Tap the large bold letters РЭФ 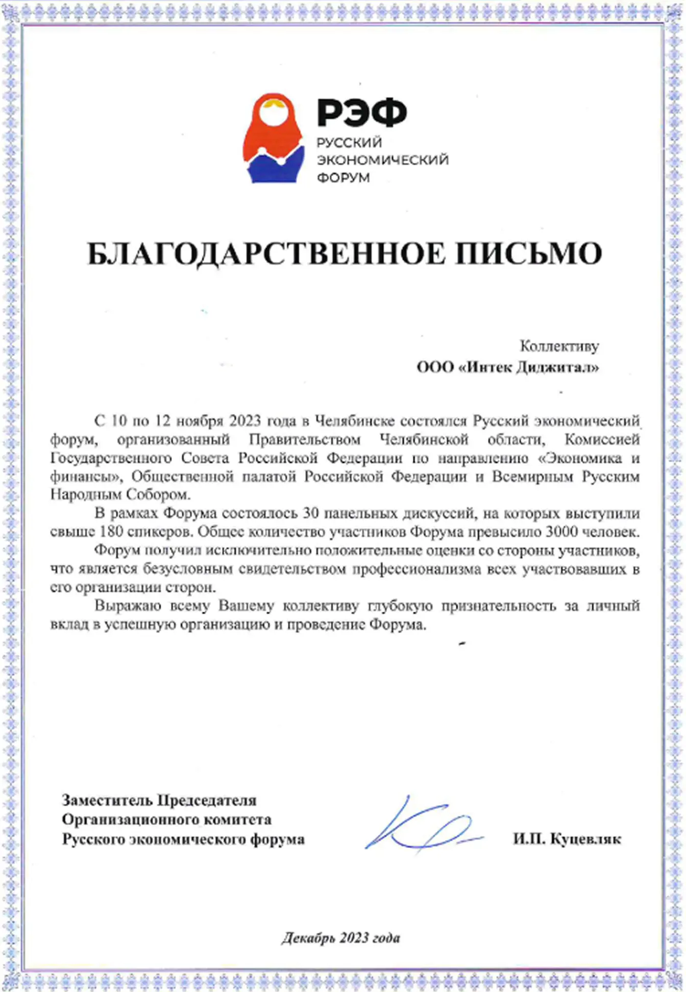click(362, 112)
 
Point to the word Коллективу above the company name click(559, 346)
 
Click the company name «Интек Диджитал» click(529, 367)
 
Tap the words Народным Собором click(119, 494)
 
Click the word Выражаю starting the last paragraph click(128, 606)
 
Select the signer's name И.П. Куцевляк click(567, 839)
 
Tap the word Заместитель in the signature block click(108, 800)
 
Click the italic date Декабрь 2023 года click(341, 938)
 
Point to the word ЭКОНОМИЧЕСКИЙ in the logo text click(383, 160)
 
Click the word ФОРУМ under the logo click(343, 178)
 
